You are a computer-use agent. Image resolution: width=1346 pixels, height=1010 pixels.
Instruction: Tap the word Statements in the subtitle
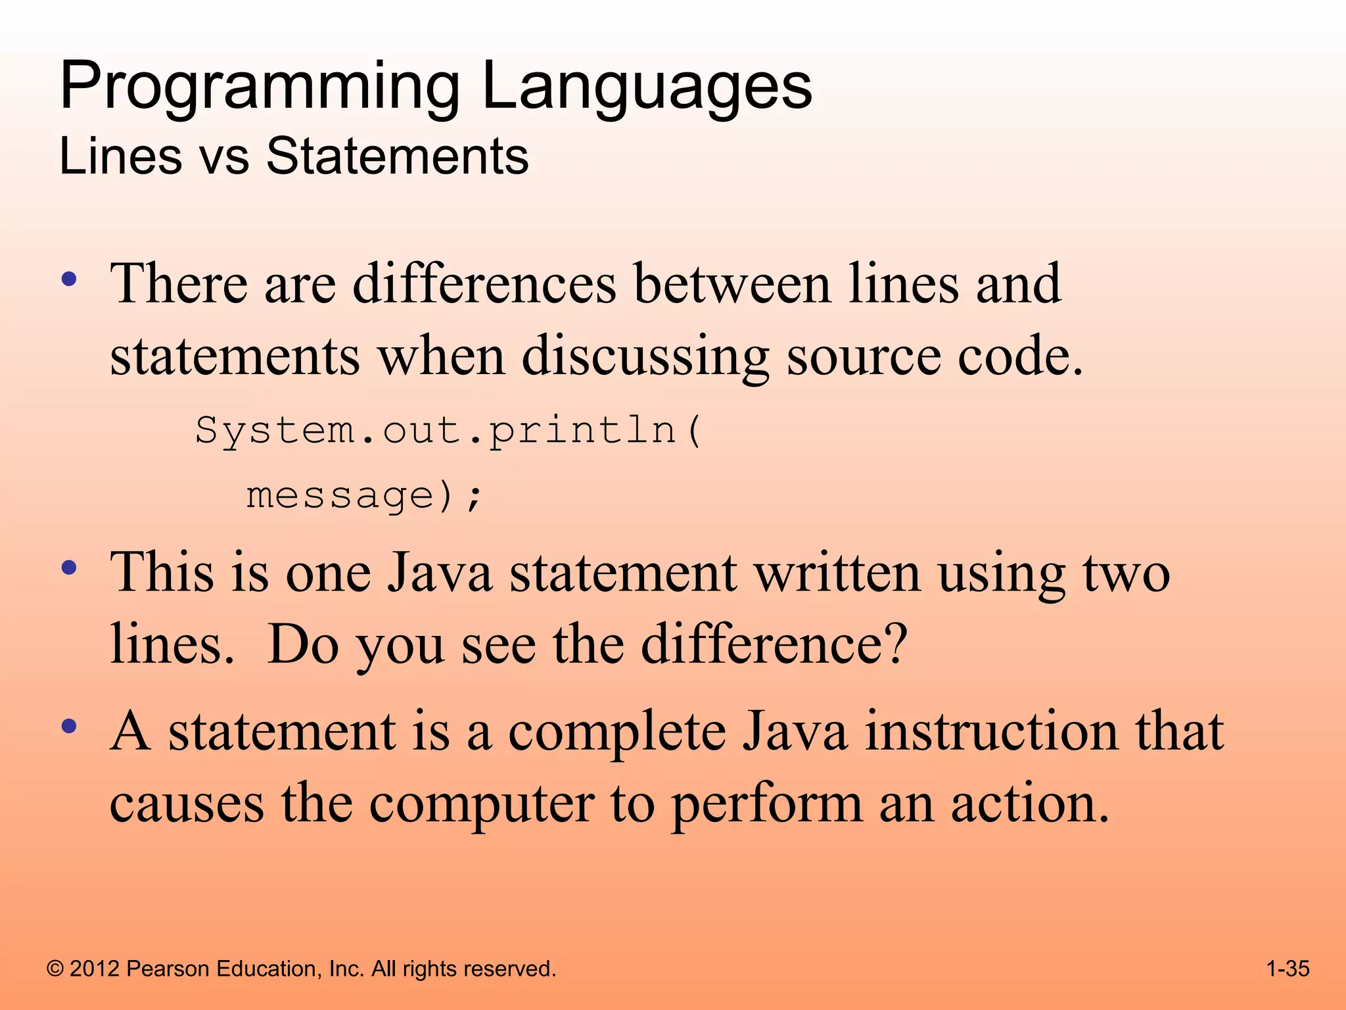[x=397, y=156]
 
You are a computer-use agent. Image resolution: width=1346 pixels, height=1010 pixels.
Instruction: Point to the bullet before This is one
[x=69, y=567]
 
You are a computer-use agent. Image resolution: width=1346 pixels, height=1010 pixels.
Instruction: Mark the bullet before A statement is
[x=69, y=727]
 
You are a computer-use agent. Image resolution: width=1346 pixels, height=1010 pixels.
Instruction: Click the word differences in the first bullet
[x=484, y=284]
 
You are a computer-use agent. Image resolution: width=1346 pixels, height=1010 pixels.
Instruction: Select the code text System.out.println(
[x=448, y=431]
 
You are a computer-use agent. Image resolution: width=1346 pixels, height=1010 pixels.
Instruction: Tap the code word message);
[x=363, y=496]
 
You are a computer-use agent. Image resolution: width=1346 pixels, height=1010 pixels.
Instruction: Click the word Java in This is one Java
[x=438, y=572]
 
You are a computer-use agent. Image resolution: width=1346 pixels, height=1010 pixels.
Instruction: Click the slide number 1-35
[x=1288, y=969]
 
